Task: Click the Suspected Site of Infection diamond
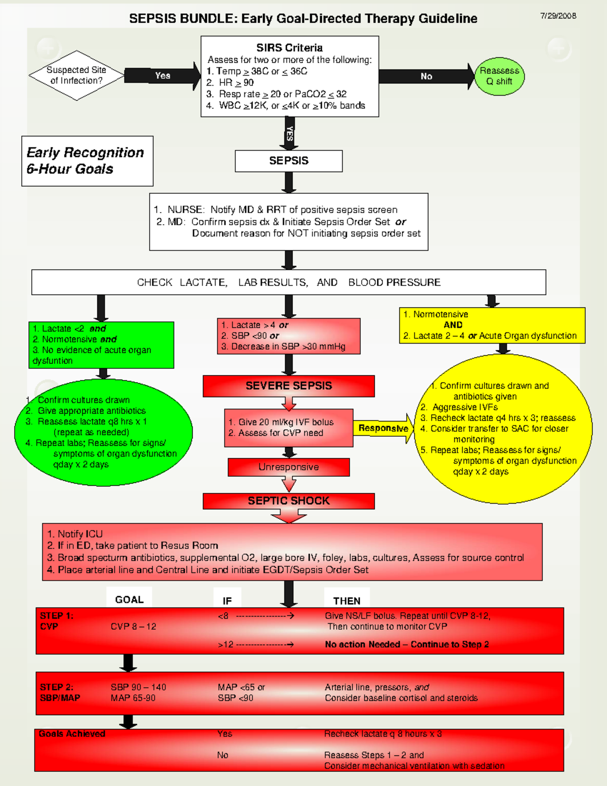(x=76, y=75)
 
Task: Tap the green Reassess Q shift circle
(x=499, y=76)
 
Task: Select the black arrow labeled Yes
(x=162, y=75)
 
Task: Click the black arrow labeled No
(x=426, y=76)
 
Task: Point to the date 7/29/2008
(x=558, y=16)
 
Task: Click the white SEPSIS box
(x=288, y=161)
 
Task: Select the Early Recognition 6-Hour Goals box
(x=87, y=161)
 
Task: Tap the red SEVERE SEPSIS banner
(x=288, y=386)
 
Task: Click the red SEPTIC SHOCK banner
(x=288, y=501)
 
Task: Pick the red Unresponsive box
(x=288, y=467)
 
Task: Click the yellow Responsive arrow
(x=383, y=428)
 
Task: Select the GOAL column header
(x=129, y=599)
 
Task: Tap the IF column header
(x=227, y=601)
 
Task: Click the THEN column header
(x=346, y=601)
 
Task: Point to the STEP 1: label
(x=57, y=616)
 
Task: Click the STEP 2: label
(x=57, y=687)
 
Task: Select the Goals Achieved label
(x=72, y=734)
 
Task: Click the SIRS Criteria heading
(x=289, y=48)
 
